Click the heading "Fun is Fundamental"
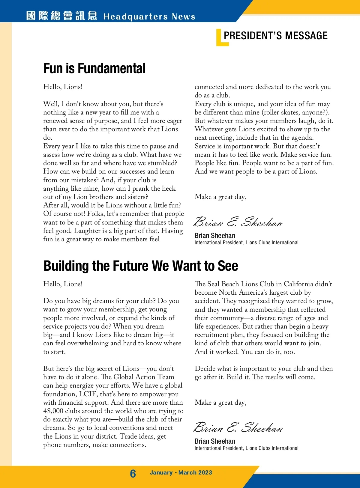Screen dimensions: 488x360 tap(94, 68)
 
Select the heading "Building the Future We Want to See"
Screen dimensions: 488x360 tap(141, 266)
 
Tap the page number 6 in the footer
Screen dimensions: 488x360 tap(133, 473)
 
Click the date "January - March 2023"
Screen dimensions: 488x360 tap(181, 473)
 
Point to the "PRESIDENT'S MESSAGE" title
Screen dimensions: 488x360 tap(275, 36)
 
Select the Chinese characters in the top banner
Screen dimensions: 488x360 tap(61, 16)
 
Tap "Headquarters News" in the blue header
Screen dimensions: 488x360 tap(149, 16)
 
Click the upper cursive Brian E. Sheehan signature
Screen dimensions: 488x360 tap(238, 222)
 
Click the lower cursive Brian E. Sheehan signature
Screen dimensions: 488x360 tap(238, 428)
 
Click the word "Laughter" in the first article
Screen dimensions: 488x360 tap(87, 231)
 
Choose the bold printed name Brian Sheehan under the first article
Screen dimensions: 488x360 tap(215, 236)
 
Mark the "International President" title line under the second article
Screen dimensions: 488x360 tap(246, 448)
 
